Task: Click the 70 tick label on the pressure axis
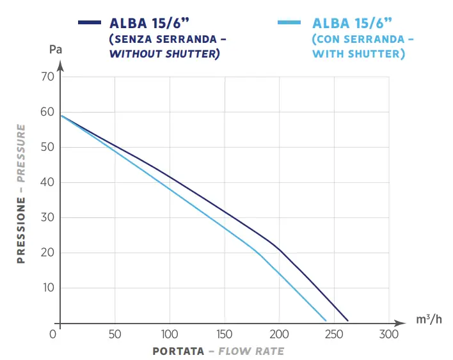click(x=47, y=77)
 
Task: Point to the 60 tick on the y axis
click(x=47, y=112)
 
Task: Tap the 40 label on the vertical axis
click(x=47, y=182)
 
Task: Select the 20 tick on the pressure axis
click(x=47, y=253)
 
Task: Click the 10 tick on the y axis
click(x=47, y=288)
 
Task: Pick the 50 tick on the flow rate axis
click(x=115, y=334)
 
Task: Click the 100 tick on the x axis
click(x=170, y=334)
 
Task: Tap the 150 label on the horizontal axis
click(x=225, y=334)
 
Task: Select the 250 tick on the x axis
click(x=334, y=334)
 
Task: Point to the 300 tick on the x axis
click(x=388, y=334)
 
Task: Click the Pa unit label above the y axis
click(x=56, y=49)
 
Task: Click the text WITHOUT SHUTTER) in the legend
click(x=164, y=54)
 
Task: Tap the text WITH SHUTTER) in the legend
click(x=358, y=54)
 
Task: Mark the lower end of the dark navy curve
click(x=347, y=320)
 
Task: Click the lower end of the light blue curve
click(x=326, y=320)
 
